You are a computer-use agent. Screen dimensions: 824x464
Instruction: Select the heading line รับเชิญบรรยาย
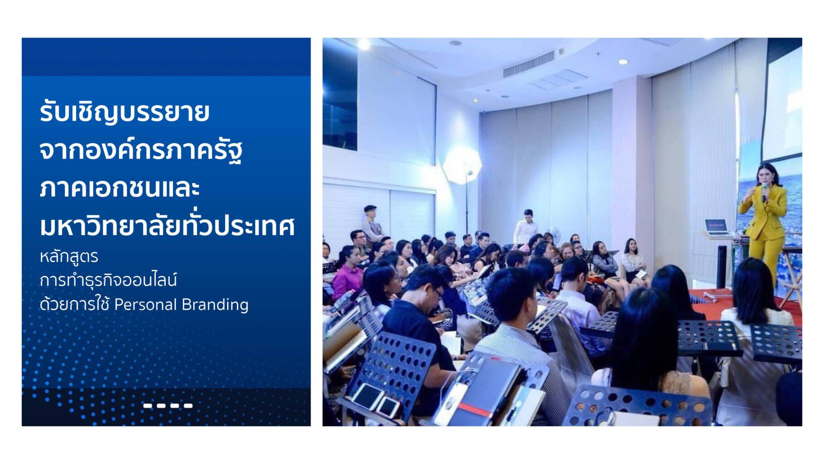[125, 112]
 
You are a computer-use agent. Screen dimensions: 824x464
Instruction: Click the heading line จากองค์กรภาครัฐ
[141, 150]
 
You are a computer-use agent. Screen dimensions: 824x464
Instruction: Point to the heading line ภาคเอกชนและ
[120, 188]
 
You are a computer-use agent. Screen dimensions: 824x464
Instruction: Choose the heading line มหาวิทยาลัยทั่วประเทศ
[168, 225]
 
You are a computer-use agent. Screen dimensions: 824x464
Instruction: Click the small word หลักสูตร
[69, 256]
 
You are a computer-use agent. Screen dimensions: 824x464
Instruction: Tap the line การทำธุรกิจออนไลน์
[108, 280]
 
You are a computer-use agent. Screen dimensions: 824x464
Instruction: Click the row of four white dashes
[168, 406]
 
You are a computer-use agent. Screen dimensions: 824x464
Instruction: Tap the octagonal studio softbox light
[462, 166]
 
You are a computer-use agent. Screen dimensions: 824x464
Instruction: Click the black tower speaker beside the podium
[722, 267]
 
